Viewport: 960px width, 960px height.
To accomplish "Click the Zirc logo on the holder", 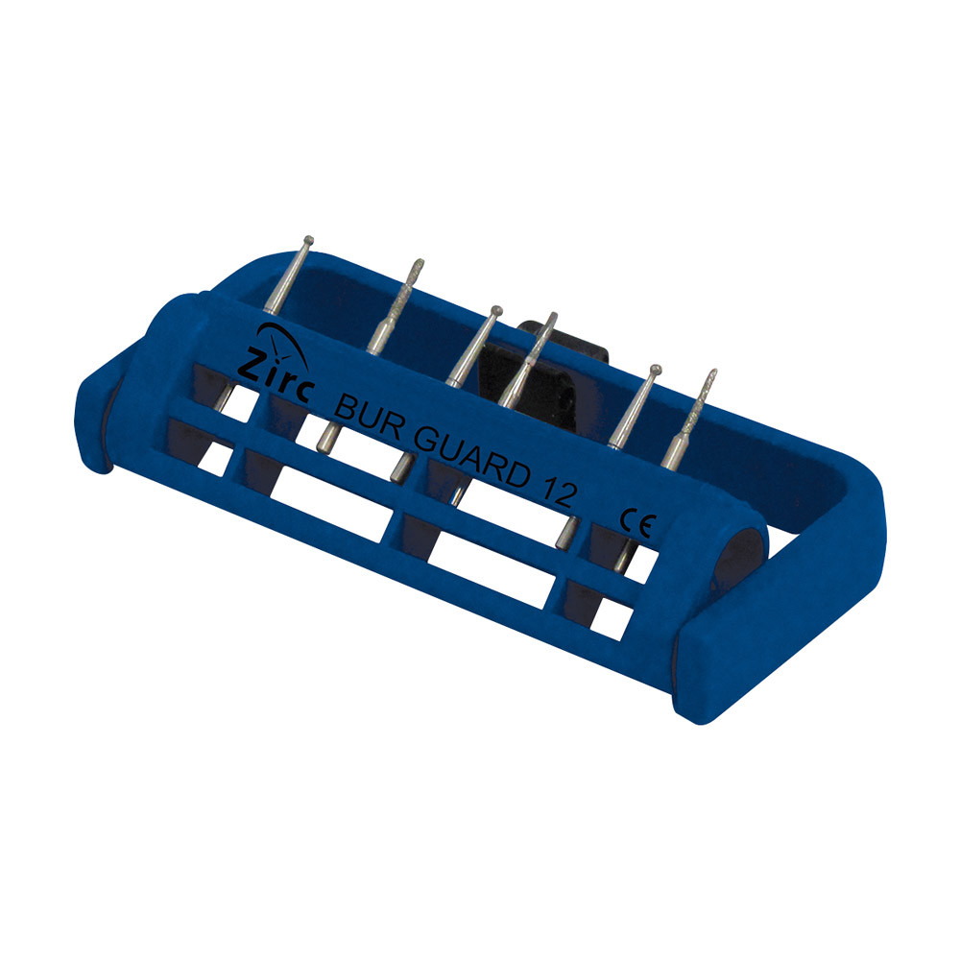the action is [x=276, y=365].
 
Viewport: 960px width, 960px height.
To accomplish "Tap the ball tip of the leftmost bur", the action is [x=308, y=241].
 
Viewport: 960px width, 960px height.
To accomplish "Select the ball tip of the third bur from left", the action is [x=496, y=311].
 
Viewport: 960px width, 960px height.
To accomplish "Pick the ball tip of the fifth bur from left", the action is [x=656, y=370].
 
